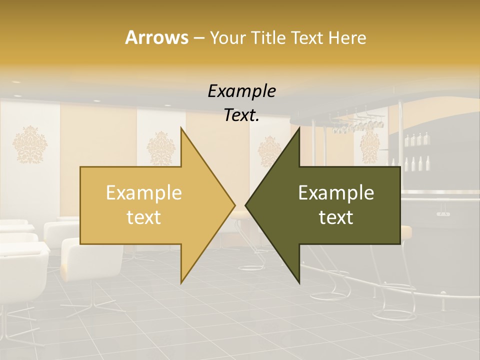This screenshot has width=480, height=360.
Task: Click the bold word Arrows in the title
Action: tap(156, 37)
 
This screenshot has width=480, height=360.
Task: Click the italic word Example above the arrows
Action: tap(241, 91)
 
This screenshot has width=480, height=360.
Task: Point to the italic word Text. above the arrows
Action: tap(241, 115)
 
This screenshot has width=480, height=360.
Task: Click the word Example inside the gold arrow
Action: tap(143, 192)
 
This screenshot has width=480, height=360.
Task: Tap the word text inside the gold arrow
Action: tap(143, 217)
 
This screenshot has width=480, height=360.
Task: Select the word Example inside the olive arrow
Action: tap(336, 192)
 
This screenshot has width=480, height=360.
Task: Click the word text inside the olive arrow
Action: tap(336, 217)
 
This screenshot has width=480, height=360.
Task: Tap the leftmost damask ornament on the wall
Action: tap(30, 145)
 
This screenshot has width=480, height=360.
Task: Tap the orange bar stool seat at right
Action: tap(405, 231)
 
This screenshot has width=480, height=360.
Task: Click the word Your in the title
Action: tap(226, 37)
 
